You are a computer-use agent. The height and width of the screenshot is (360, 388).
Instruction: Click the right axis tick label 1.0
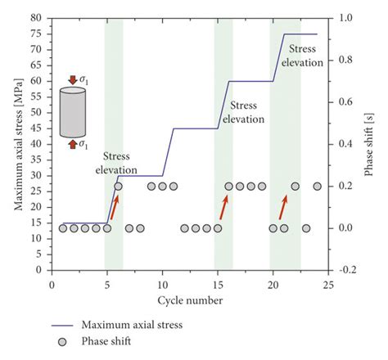pos(347,17)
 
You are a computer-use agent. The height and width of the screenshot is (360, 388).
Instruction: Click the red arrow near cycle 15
pos(223,207)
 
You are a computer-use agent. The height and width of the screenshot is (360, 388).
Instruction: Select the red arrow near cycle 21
pos(283,207)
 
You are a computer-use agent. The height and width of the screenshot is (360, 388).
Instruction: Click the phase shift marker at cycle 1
pos(63,228)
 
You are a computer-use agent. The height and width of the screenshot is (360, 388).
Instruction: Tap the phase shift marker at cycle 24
pos(317,187)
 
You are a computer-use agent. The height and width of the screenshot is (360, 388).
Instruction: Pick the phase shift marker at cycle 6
pos(119,187)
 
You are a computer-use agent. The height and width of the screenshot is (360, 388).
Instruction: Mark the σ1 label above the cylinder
pos(83,79)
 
